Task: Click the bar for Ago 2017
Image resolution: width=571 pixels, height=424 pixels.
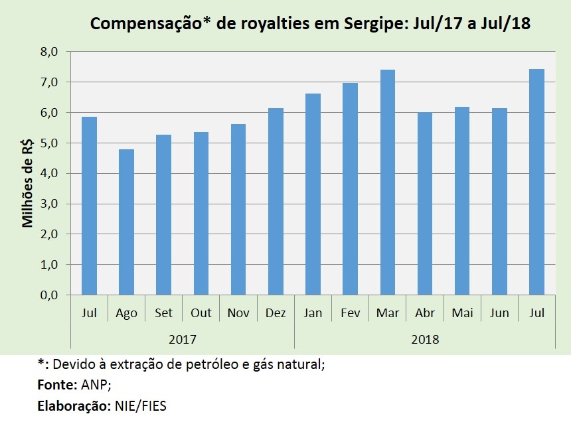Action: tap(126, 222)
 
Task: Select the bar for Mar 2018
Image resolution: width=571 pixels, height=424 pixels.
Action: tap(388, 182)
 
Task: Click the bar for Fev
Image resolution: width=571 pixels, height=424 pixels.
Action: tap(350, 189)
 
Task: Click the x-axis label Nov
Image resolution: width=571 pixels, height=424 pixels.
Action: tap(238, 313)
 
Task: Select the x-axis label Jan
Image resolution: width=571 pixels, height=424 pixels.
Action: tap(313, 313)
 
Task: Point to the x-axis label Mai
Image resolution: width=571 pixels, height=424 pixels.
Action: tap(462, 313)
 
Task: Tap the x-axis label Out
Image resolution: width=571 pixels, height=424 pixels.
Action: tap(201, 313)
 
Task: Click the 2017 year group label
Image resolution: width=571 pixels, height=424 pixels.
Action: tap(182, 339)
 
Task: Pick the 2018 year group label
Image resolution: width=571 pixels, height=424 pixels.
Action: tap(425, 339)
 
